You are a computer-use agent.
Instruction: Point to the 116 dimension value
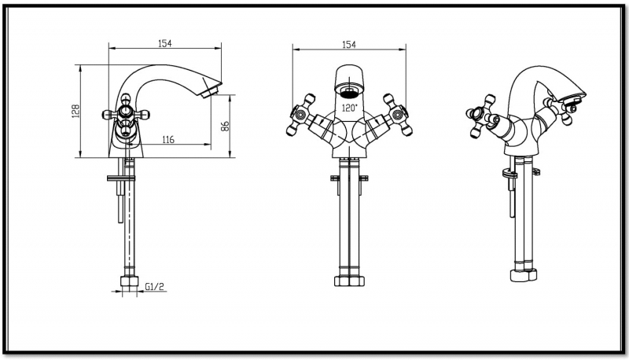(x=167, y=140)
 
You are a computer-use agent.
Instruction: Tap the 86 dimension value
(x=224, y=126)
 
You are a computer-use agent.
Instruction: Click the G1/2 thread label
(x=154, y=288)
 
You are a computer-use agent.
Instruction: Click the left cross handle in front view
(x=299, y=117)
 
